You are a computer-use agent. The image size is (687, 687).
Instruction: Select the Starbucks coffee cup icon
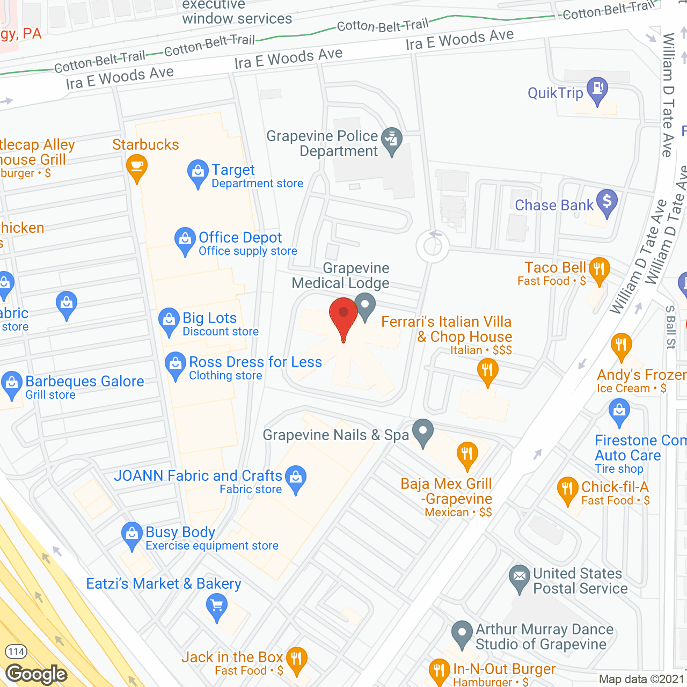tap(137, 167)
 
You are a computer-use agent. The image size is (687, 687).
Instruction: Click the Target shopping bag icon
tap(198, 172)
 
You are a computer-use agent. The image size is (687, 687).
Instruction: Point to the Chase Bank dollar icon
tap(607, 202)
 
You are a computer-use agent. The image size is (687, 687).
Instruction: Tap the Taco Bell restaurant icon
tap(599, 269)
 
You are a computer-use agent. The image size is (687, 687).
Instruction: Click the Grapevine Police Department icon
tap(392, 140)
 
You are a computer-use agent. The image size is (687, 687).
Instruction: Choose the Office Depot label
tap(240, 237)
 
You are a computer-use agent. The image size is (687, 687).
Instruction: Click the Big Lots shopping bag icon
tap(169, 320)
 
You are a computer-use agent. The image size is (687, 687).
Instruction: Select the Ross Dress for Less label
tap(255, 362)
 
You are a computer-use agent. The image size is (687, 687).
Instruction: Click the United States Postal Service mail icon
tap(519, 578)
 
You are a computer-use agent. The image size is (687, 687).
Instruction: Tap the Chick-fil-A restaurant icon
tap(567, 489)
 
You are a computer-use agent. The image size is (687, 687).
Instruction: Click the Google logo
tap(36, 674)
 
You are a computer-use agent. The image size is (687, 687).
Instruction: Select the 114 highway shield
tap(16, 652)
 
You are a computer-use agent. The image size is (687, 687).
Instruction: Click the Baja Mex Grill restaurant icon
tap(467, 455)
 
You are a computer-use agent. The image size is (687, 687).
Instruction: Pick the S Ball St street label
tap(670, 327)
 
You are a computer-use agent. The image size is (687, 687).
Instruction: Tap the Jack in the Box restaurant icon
tap(296, 659)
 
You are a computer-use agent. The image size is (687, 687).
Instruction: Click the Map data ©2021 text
tap(641, 679)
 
